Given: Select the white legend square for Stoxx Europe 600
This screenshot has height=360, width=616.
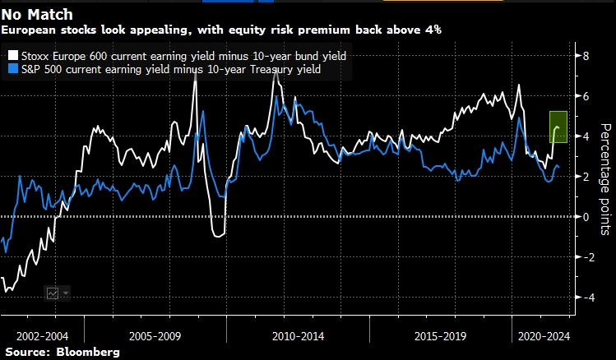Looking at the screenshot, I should [x=13, y=56].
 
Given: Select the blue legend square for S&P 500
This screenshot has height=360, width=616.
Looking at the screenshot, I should [x=13, y=71].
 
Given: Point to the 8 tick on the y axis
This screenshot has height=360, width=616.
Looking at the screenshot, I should [x=586, y=57].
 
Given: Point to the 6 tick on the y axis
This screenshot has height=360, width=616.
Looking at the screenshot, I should [x=586, y=97].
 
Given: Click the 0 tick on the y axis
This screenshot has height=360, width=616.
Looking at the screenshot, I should [x=586, y=217].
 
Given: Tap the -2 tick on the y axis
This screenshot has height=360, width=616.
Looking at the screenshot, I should [x=585, y=257].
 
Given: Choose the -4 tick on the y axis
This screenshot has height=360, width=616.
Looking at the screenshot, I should [x=585, y=298].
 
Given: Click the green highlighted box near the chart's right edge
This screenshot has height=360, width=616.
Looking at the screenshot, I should [x=559, y=127].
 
